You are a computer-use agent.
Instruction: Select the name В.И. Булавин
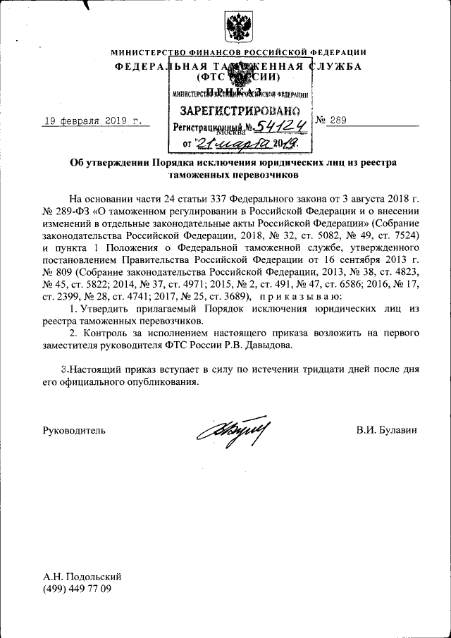click(x=387, y=429)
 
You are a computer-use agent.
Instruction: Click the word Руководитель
click(x=74, y=429)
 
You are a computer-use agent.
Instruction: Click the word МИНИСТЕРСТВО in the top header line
click(x=147, y=53)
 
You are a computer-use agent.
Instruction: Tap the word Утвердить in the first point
click(x=104, y=309)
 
